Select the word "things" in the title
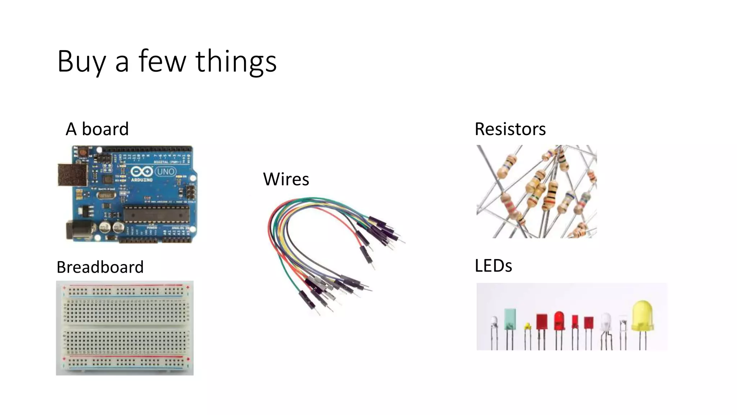click(x=236, y=62)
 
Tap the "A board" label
click(x=97, y=129)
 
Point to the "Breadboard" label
click(x=100, y=267)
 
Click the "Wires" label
click(x=286, y=179)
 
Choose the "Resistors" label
click(x=510, y=129)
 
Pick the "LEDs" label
click(x=493, y=266)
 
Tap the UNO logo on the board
click(x=166, y=171)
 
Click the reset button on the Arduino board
click(x=83, y=152)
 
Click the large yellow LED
click(x=642, y=316)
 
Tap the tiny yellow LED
click(x=527, y=326)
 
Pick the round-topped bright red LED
click(x=559, y=321)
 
